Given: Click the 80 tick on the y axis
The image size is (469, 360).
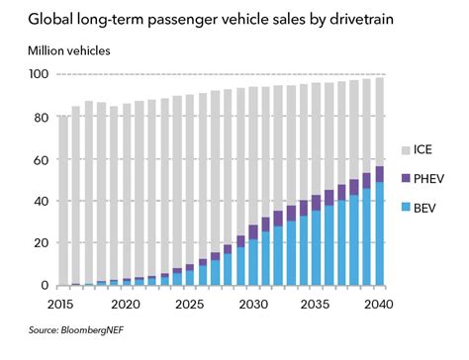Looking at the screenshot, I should [x=41, y=118].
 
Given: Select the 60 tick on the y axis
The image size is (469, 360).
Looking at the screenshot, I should [x=41, y=159].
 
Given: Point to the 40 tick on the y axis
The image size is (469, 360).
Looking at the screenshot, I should [x=41, y=201].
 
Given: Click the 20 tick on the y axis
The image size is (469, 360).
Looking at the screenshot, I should [x=41, y=243].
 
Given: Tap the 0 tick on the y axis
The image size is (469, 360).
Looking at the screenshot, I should [x=45, y=285].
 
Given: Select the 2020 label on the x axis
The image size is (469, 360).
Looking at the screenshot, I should [x=128, y=304].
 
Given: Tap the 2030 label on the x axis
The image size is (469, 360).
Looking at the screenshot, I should [x=253, y=304].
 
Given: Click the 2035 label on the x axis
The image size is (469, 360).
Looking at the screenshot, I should [x=316, y=304].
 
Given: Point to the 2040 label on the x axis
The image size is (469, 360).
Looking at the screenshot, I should [x=379, y=304].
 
